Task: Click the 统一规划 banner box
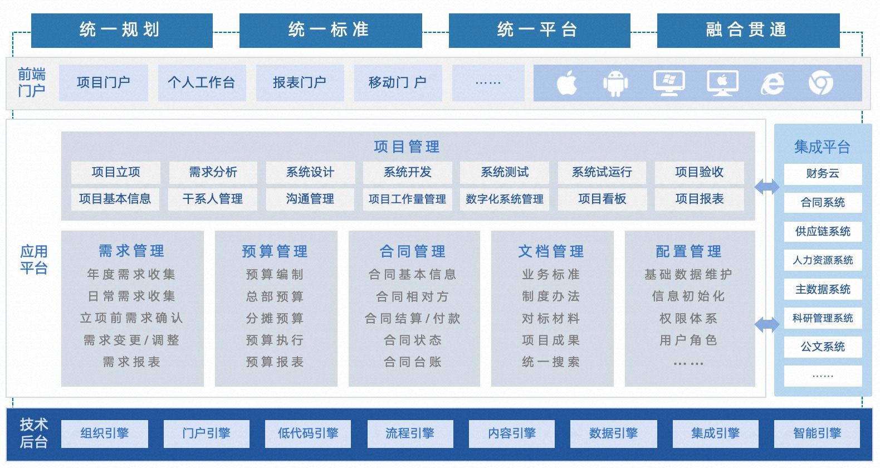tap(121, 30)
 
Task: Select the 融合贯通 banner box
tap(748, 30)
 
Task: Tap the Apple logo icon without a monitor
tap(567, 83)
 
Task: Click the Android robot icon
tap(615, 83)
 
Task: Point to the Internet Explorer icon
tap(773, 84)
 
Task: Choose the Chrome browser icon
tap(820, 83)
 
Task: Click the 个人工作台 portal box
tap(202, 83)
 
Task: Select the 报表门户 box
tap(300, 83)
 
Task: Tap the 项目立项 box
tap(116, 173)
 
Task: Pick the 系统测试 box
tap(505, 173)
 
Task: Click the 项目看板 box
tap(602, 199)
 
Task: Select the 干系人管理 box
tap(213, 199)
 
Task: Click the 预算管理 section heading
tap(275, 251)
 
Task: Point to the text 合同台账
tap(413, 362)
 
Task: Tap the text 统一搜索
tap(551, 362)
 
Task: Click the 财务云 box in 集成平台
tap(823, 174)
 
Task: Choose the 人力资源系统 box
tap(823, 260)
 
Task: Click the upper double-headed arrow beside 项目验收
tap(767, 187)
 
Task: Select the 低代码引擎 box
tap(308, 433)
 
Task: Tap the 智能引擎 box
tap(817, 433)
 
